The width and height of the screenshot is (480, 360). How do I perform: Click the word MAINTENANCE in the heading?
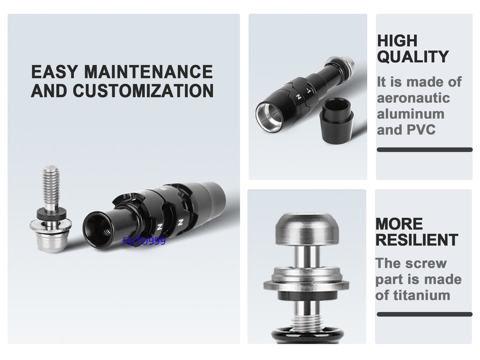pos(148,72)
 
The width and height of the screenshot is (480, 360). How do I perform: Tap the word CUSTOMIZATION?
pos(143,90)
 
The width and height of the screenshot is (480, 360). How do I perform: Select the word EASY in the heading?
pos(54,72)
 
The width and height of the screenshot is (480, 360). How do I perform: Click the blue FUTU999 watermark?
pos(144,241)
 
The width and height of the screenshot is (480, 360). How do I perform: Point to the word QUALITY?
pos(413,56)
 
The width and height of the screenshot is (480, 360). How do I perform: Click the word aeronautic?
pos(413,98)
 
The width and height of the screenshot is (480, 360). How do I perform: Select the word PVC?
pos(421,130)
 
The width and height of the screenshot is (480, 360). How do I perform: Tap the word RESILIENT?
pos(416,240)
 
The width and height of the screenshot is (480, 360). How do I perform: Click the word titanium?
pos(422,295)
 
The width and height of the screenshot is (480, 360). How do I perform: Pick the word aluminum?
pos(411,114)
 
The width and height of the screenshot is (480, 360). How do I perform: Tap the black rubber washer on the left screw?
pos(51,214)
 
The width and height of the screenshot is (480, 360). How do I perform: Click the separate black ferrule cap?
pos(336,121)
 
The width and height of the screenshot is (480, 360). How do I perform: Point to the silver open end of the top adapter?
pos(268,117)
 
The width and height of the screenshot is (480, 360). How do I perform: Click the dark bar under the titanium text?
pos(424,314)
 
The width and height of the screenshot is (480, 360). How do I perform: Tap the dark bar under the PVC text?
pos(425,150)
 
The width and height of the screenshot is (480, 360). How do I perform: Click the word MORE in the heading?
pos(399,224)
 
